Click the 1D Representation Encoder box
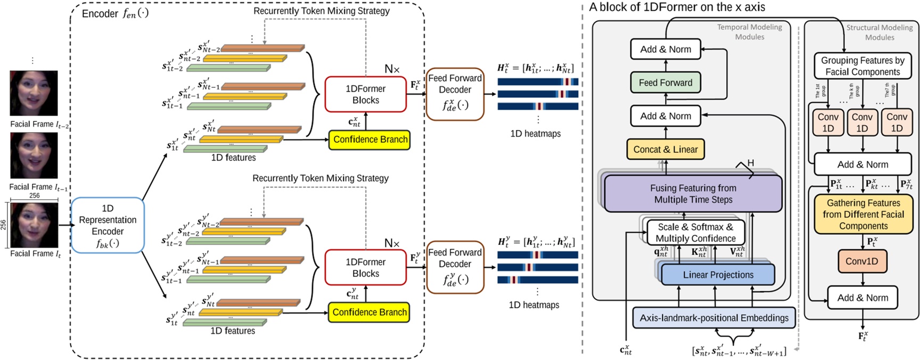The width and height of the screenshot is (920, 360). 108,225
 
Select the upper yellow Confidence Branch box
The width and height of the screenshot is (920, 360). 370,140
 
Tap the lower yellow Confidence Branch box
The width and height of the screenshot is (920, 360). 369,312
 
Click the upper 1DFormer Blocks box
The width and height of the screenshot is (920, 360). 365,94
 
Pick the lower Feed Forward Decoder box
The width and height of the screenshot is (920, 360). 455,267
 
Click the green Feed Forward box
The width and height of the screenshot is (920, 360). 666,83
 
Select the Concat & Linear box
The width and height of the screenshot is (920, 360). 666,150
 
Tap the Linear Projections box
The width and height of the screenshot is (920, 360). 718,275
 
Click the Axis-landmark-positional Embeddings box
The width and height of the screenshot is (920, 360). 714,318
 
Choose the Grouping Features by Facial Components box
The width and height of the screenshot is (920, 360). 862,66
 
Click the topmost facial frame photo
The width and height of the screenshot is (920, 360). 34,93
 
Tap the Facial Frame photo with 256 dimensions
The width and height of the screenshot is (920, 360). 34,225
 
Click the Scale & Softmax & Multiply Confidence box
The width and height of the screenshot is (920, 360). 695,233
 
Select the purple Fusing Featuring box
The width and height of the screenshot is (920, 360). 693,194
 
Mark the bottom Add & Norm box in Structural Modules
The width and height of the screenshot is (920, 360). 862,298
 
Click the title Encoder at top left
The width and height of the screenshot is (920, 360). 100,14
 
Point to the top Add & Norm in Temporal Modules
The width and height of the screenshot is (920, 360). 666,50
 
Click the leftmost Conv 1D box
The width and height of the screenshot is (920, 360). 827,122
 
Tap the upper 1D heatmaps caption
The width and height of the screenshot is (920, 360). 535,134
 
